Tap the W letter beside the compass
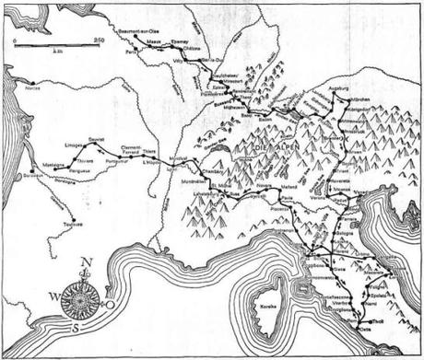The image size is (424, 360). pyautogui.click(x=52, y=296)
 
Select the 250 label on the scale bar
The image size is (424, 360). pyautogui.click(x=99, y=38)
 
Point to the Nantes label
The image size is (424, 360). pyautogui.click(x=34, y=89)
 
